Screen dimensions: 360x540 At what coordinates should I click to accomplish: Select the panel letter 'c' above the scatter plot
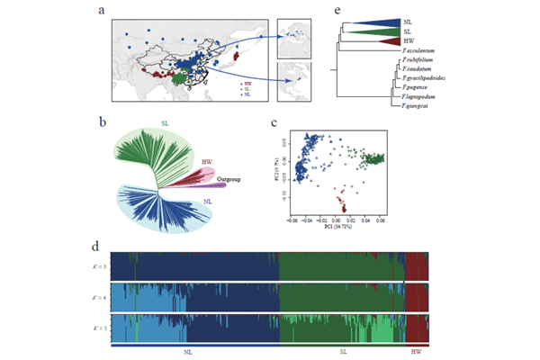(274, 122)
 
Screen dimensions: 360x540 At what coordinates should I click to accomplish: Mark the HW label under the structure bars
(416, 351)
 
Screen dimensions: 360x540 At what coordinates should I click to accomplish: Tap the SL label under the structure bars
(343, 351)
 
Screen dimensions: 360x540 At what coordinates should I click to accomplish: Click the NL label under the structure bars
(187, 351)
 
